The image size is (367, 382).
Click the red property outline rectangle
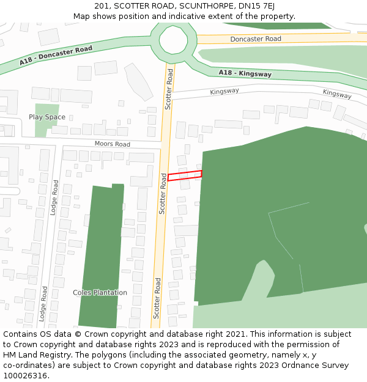pos(185,176)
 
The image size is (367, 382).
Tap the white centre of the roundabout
pos(174,40)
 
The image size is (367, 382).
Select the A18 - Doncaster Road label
pos(56,56)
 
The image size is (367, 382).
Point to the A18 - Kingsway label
pos(245,73)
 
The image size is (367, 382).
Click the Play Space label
pos(47,117)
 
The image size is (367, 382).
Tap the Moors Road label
pos(113,144)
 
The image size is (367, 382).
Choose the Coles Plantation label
pos(100,293)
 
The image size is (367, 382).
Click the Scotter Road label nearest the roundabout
pos(169,89)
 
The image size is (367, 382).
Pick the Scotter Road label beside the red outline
pos(163,193)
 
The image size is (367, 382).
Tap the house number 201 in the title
pos(102,6)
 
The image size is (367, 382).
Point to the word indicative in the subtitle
pos(183,16)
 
